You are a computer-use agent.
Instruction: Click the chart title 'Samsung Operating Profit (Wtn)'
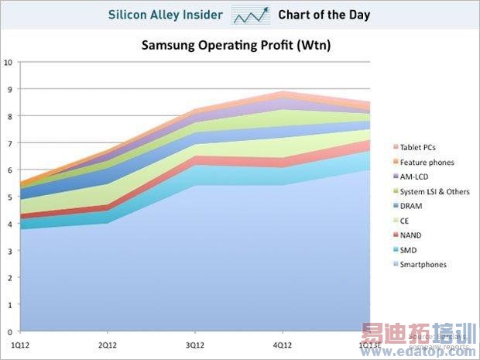[x=235, y=45]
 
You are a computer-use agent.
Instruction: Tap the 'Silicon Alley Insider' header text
[x=166, y=15]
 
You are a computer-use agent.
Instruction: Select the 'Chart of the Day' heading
[x=324, y=15]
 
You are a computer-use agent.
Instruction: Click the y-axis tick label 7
[x=9, y=143]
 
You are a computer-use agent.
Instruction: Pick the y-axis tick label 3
[x=9, y=251]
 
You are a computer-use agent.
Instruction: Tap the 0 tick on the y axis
[x=9, y=331]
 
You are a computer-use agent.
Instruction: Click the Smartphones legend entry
[x=423, y=265]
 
